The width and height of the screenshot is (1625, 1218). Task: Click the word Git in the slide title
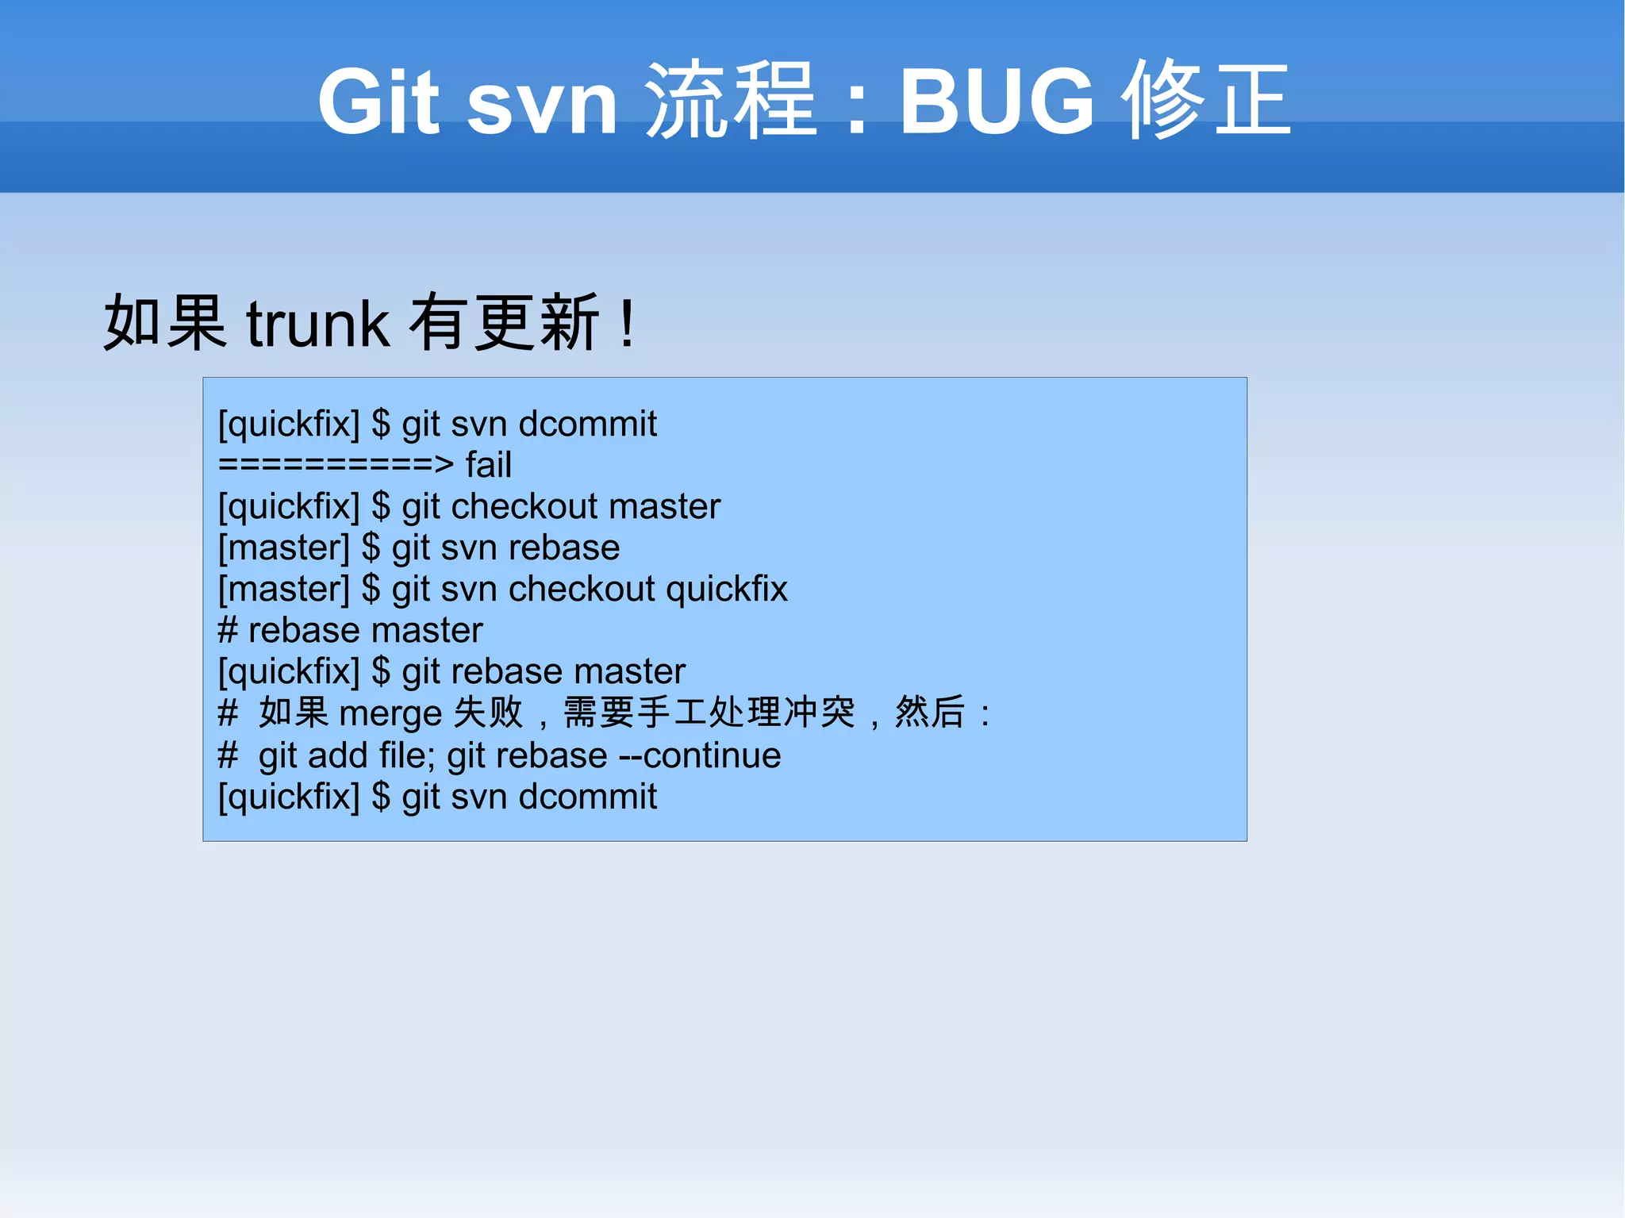click(x=378, y=102)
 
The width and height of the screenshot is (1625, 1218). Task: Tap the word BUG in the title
click(x=997, y=102)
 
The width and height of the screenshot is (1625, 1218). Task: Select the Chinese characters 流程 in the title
click(x=730, y=102)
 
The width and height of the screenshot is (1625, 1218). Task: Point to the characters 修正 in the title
click(x=1206, y=102)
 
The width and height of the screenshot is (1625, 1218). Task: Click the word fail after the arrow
click(x=488, y=465)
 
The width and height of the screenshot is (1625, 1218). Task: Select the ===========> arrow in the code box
click(x=336, y=465)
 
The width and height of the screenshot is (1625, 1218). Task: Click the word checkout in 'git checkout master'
click(x=524, y=506)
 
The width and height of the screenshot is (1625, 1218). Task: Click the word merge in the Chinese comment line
click(x=390, y=713)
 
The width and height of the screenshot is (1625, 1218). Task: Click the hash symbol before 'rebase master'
click(x=228, y=631)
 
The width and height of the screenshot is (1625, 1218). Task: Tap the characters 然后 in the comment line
click(x=930, y=712)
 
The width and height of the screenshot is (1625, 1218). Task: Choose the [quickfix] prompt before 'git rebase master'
click(x=289, y=672)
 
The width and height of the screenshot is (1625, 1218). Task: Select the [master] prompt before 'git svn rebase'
click(x=284, y=548)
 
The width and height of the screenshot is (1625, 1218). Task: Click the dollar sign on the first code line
click(x=381, y=424)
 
